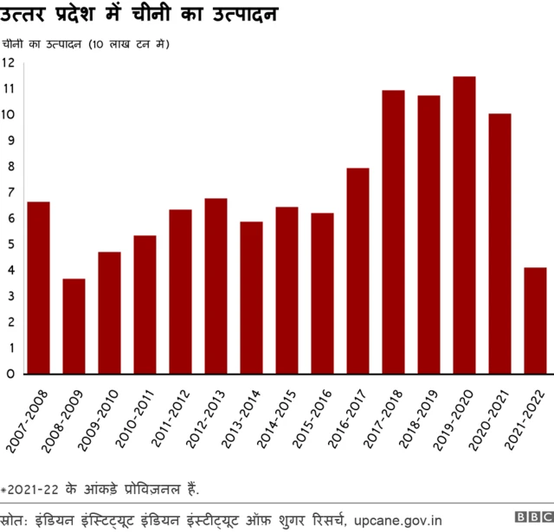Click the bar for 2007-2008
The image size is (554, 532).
(x=38, y=288)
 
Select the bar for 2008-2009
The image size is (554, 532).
(x=74, y=326)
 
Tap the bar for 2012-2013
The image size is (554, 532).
(x=216, y=286)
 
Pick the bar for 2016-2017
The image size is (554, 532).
(x=358, y=271)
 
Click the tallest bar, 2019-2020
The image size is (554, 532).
(x=464, y=225)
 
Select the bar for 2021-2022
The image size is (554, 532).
(x=535, y=321)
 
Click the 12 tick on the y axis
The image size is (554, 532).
(x=9, y=63)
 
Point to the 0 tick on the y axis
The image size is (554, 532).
(x=9, y=375)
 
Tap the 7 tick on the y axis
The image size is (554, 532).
(x=9, y=193)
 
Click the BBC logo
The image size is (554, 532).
(x=532, y=518)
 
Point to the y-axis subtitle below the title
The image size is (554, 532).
(x=95, y=44)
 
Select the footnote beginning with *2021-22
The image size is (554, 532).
(x=100, y=490)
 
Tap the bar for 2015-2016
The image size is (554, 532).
(x=322, y=293)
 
